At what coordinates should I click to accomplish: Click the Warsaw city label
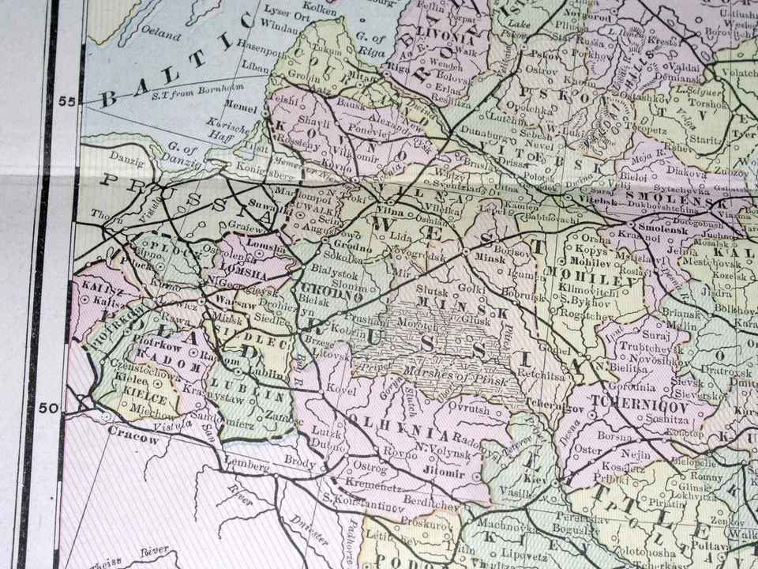click(230, 302)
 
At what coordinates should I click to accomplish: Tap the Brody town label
click(299, 460)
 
